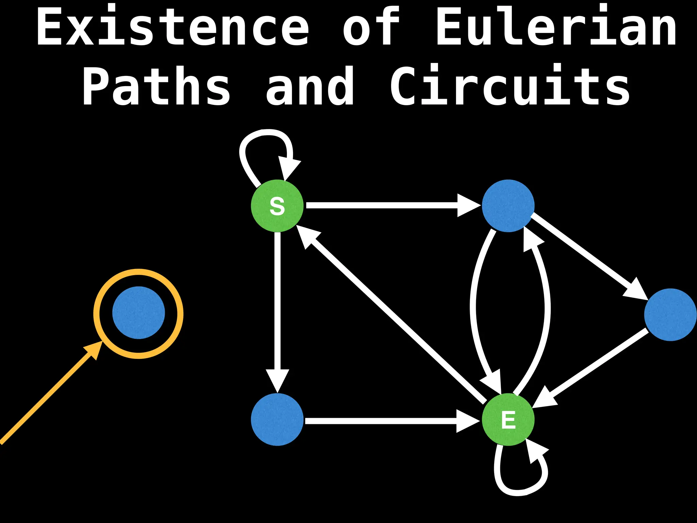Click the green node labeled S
pyautogui.click(x=277, y=206)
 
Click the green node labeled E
pyautogui.click(x=508, y=419)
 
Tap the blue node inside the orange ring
pyautogui.click(x=139, y=313)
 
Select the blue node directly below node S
pyautogui.click(x=277, y=419)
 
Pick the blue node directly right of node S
pyautogui.click(x=508, y=206)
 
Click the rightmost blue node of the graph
pyautogui.click(x=670, y=315)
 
